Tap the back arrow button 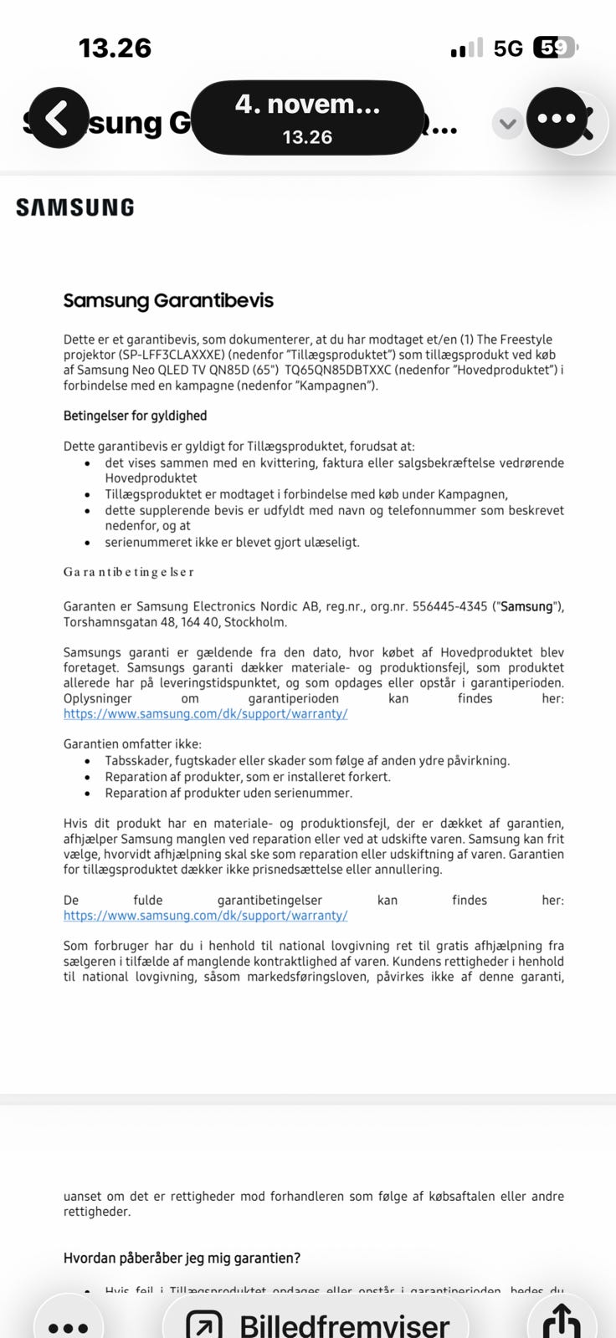(x=56, y=118)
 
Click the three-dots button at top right (x=557, y=118)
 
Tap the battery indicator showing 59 (x=555, y=48)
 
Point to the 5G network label (x=508, y=49)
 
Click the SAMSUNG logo (x=75, y=207)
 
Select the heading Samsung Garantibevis (x=168, y=300)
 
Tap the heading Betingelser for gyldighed (x=135, y=416)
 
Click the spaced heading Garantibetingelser (x=129, y=572)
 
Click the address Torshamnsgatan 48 (x=122, y=622)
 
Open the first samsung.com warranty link (x=205, y=714)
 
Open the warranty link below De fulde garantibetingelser (x=205, y=916)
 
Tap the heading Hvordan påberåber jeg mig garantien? (x=182, y=1258)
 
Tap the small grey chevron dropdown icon (x=507, y=125)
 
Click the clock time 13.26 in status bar (x=115, y=48)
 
